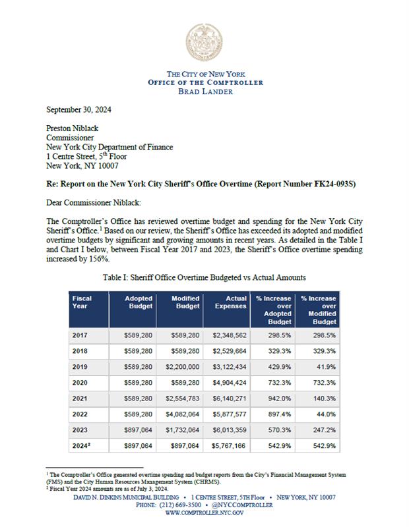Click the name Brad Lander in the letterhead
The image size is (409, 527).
pyautogui.click(x=205, y=91)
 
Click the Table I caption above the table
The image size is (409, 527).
pyautogui.click(x=204, y=279)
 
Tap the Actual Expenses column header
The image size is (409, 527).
pyautogui.click(x=229, y=302)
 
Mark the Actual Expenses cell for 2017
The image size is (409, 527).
pyautogui.click(x=228, y=335)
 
